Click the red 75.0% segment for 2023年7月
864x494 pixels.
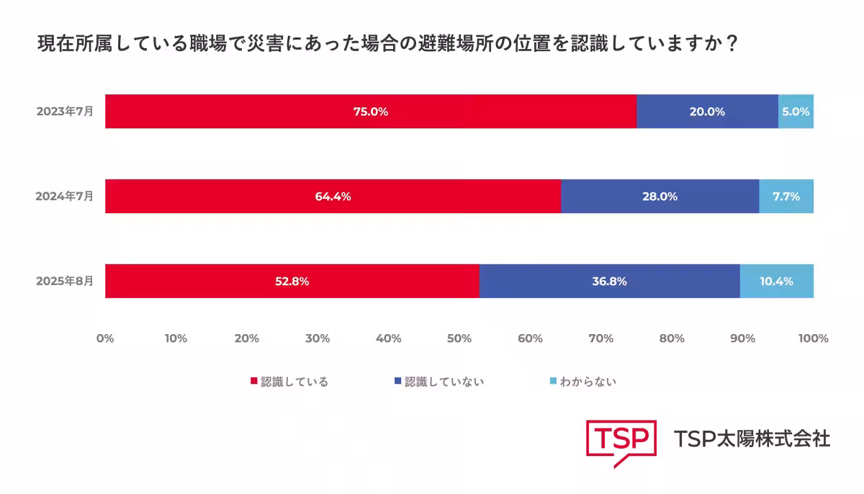[371, 112]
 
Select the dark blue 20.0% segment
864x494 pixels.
[707, 112]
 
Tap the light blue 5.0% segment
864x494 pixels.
[796, 112]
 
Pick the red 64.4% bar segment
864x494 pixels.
[333, 197]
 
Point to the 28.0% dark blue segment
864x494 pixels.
[660, 197]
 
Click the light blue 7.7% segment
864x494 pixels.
[786, 197]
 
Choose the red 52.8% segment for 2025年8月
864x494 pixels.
[292, 282]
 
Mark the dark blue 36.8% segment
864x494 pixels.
[609, 282]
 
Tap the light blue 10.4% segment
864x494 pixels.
[777, 282]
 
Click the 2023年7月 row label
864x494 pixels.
[65, 112]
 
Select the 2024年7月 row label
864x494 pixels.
[65, 197]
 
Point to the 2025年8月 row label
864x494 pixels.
[65, 282]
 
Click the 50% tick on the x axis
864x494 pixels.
[459, 338]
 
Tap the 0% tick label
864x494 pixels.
[105, 338]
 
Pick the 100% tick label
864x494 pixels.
[813, 338]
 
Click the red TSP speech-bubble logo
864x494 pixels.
[621, 441]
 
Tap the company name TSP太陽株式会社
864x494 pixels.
[752, 439]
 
